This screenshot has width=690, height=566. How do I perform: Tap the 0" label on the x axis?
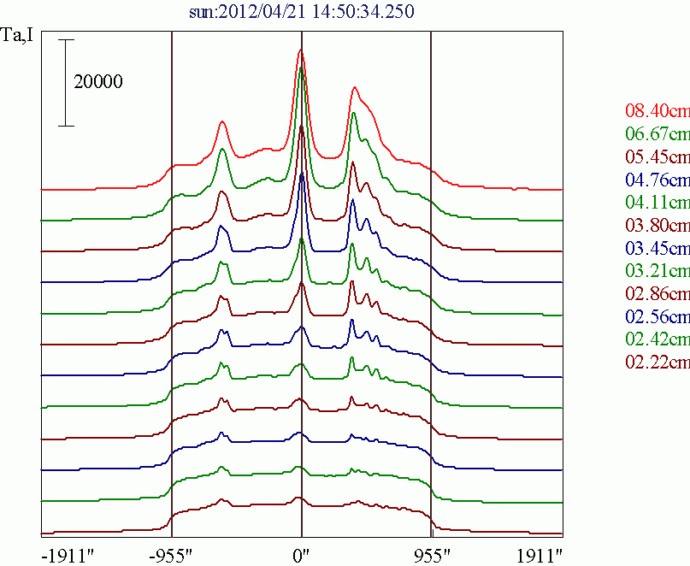[x=301, y=554]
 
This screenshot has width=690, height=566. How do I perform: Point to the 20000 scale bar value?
[x=98, y=82]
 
